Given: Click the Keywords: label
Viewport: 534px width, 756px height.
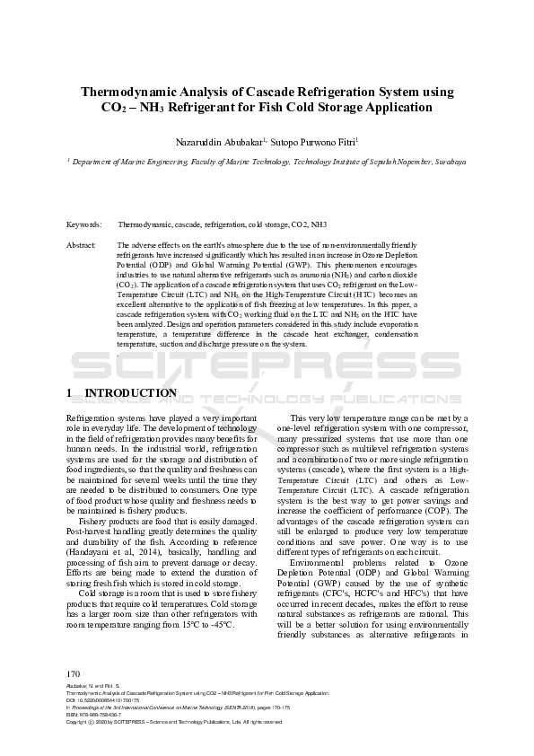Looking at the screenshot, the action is (x=83, y=224).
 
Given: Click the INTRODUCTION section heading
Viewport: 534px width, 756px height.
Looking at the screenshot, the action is (x=130, y=393).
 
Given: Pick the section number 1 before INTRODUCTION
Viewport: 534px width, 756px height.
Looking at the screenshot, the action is (x=70, y=393).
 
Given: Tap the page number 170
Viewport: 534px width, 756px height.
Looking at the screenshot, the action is (x=74, y=674).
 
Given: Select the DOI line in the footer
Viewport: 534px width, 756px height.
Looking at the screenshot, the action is (x=107, y=701).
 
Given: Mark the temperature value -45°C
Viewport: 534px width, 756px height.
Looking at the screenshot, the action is (x=220, y=624).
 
